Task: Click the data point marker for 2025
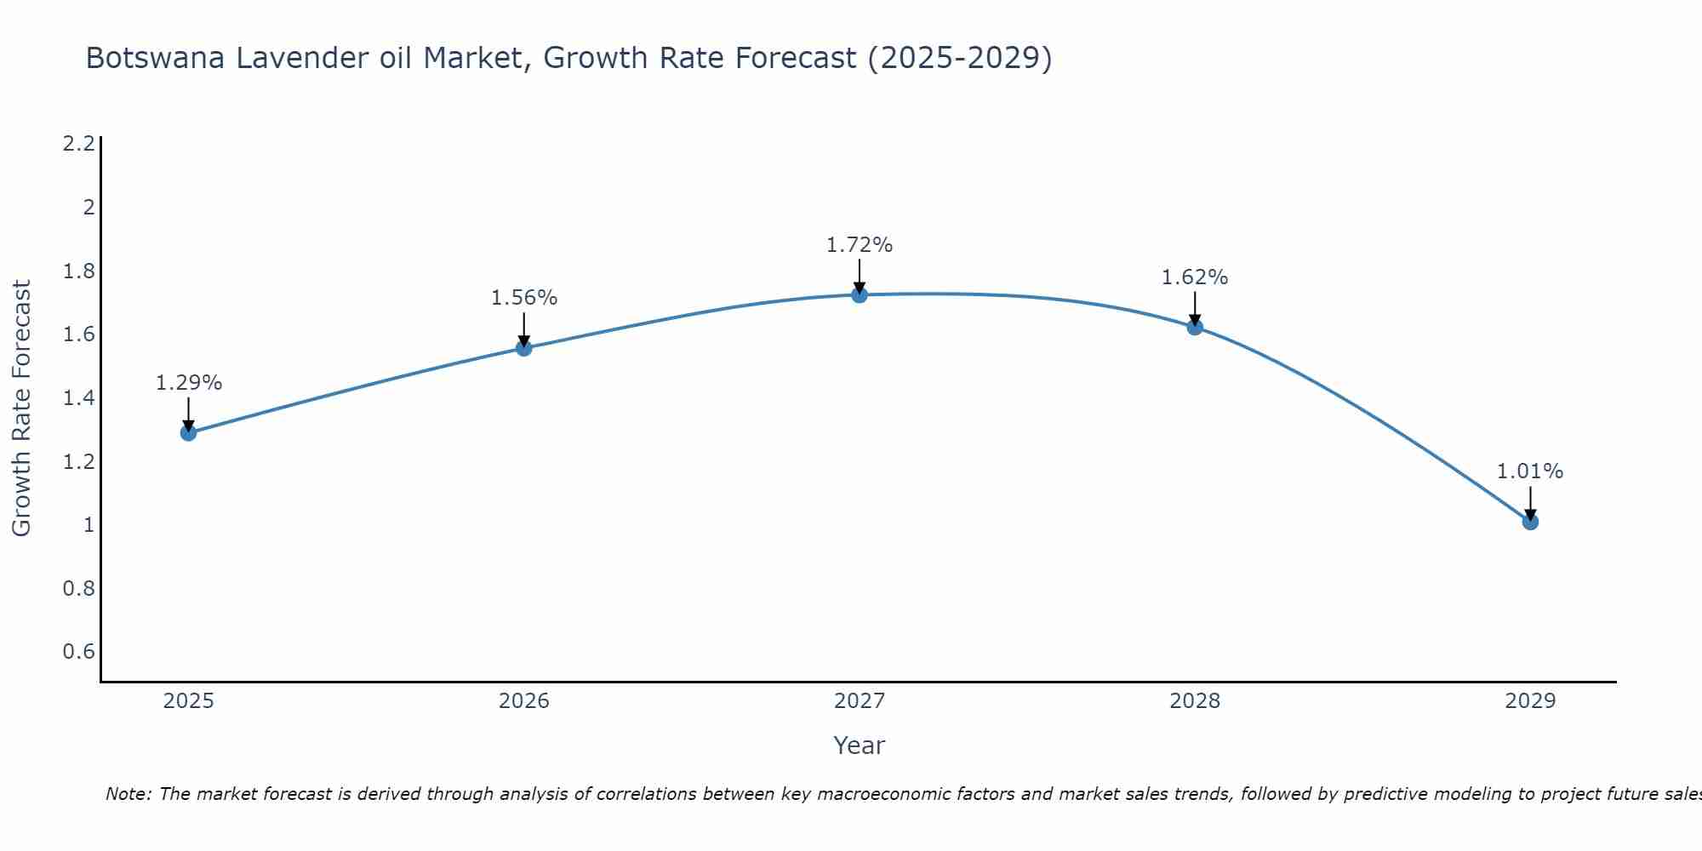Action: [188, 432]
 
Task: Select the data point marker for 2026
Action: [523, 347]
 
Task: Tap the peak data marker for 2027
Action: [860, 294]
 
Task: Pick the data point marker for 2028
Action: [1195, 326]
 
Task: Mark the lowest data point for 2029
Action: [1530, 521]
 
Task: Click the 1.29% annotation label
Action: [188, 383]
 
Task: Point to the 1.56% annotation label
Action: [523, 298]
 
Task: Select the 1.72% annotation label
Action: [860, 245]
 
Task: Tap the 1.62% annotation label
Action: [1195, 277]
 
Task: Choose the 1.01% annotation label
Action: [1530, 471]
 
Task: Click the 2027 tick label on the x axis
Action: [860, 701]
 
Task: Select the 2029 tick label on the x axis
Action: [1530, 701]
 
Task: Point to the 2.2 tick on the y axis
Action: [78, 144]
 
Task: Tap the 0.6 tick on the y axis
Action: [78, 652]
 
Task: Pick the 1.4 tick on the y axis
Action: [78, 398]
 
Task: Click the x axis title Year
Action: [860, 745]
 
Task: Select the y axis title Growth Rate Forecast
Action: [21, 408]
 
